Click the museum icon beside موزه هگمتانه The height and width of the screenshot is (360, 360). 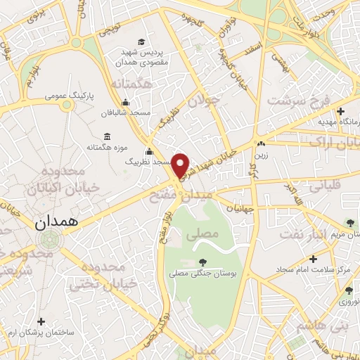point(106,136)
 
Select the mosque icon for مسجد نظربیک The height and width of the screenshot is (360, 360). point(149,151)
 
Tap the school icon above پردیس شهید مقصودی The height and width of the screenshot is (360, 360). point(143,41)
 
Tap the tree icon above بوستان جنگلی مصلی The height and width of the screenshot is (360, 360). point(203,262)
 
